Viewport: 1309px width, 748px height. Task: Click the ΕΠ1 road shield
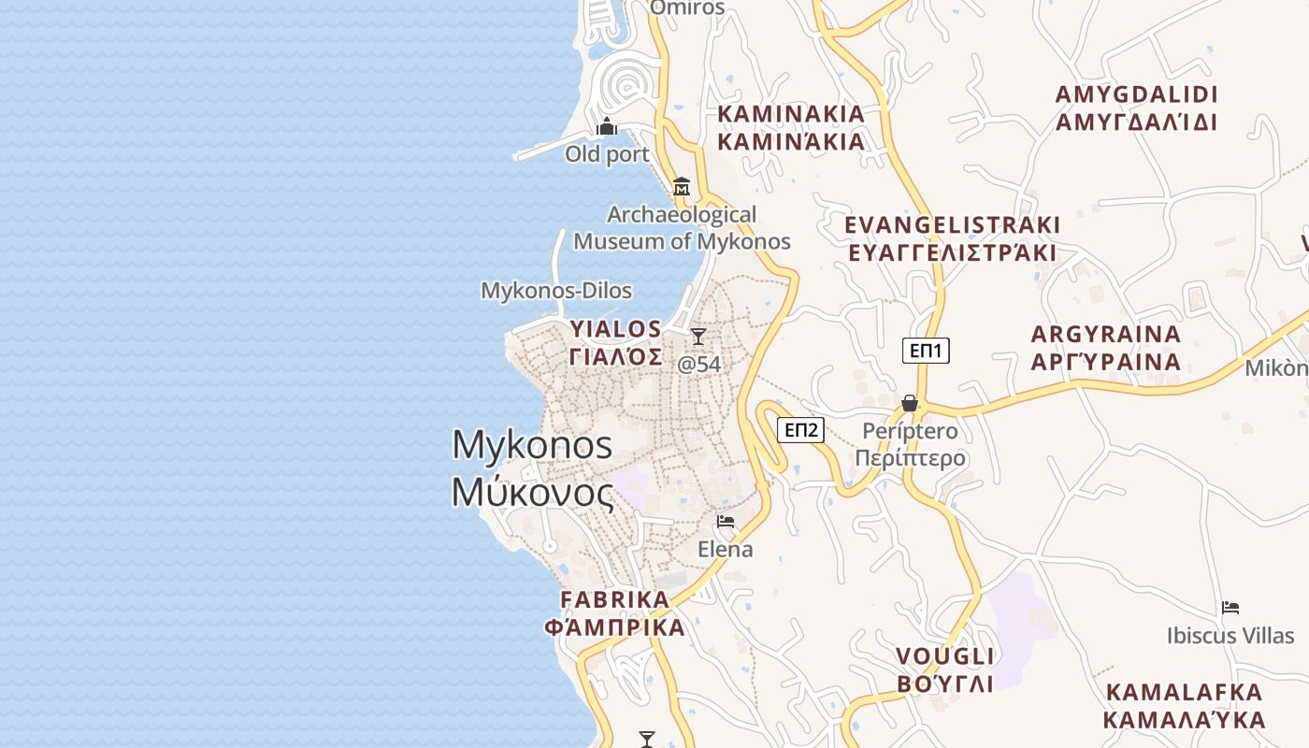[926, 351]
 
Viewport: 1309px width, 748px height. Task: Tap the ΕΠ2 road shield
[801, 430]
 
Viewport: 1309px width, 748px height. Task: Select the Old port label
[607, 154]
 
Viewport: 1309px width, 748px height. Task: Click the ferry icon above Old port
[607, 126]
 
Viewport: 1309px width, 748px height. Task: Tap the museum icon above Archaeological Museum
[682, 187]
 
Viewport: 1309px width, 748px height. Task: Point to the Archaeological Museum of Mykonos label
[682, 228]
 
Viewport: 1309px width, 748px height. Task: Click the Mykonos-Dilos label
[556, 291]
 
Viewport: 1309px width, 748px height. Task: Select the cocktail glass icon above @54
[698, 337]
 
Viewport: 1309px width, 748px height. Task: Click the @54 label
[699, 365]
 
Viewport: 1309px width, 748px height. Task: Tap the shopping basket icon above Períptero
[909, 403]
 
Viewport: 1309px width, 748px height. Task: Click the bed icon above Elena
[726, 522]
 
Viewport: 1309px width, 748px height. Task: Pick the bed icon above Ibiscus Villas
[1230, 608]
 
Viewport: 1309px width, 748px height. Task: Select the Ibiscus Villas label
[1230, 636]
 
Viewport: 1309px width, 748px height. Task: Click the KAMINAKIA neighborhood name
[791, 127]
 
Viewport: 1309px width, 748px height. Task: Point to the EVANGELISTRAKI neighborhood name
[952, 238]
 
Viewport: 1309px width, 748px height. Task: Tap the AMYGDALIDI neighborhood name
[1136, 108]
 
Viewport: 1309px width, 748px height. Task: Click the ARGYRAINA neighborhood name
[1106, 348]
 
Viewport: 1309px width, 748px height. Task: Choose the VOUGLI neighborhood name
[945, 669]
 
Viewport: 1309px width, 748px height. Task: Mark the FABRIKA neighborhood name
[615, 612]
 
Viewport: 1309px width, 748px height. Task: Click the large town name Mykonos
[533, 467]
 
